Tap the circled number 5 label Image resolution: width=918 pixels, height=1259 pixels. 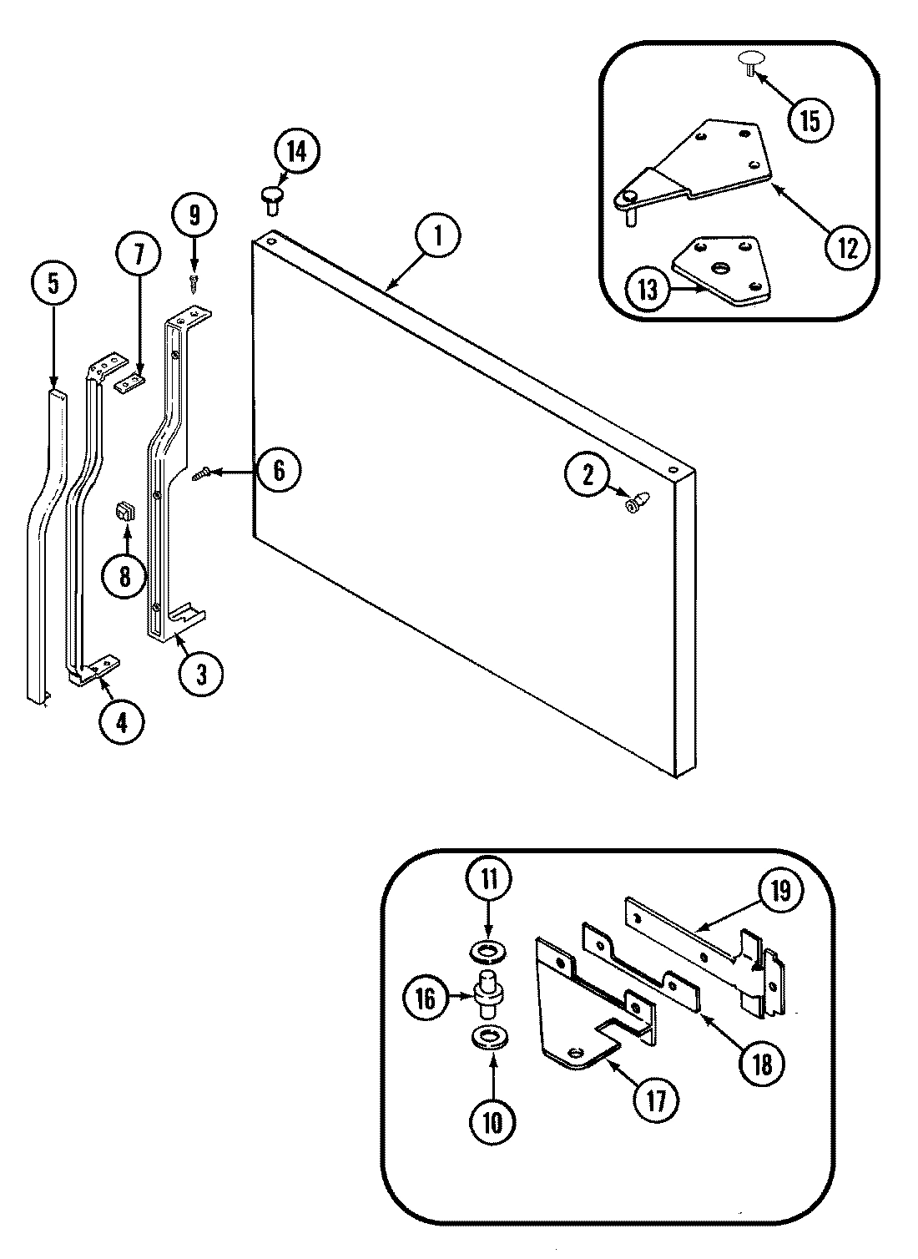point(53,284)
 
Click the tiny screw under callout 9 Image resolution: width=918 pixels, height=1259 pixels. point(194,283)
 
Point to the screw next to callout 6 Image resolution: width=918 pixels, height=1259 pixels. point(200,475)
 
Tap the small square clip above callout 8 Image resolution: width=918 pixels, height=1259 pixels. point(124,511)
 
